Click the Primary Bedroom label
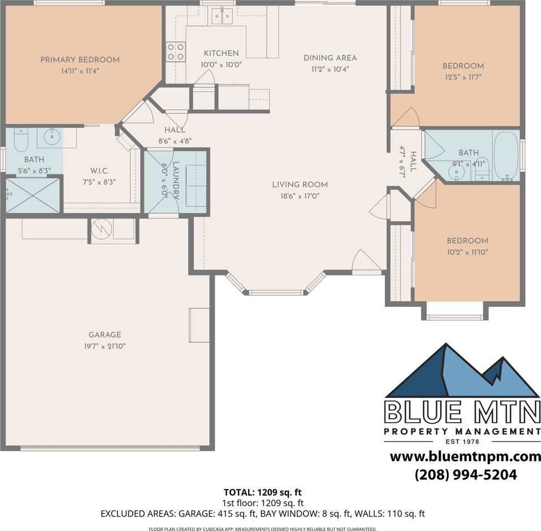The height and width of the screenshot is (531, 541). [80, 60]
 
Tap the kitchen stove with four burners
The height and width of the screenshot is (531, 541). [176, 51]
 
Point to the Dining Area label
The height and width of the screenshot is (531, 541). [330, 58]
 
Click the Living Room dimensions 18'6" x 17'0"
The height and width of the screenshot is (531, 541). [300, 196]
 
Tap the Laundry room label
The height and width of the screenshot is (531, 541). [176, 180]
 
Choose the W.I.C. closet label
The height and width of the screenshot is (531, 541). [99, 171]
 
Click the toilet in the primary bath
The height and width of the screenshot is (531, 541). [20, 140]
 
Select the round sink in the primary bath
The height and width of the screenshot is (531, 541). [52, 137]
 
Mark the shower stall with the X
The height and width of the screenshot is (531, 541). [33, 195]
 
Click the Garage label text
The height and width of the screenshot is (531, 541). [105, 335]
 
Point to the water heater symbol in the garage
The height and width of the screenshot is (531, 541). [101, 228]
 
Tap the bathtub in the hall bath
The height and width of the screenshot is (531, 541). [506, 155]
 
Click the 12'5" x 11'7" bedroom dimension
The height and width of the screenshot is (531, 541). [463, 77]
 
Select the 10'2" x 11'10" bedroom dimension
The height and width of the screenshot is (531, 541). [467, 252]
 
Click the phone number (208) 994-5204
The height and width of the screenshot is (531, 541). [466, 475]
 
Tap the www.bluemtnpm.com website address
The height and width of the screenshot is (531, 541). [465, 456]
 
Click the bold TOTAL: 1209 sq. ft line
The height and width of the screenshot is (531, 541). [262, 492]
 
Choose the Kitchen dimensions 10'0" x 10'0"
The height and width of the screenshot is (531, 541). [221, 65]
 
